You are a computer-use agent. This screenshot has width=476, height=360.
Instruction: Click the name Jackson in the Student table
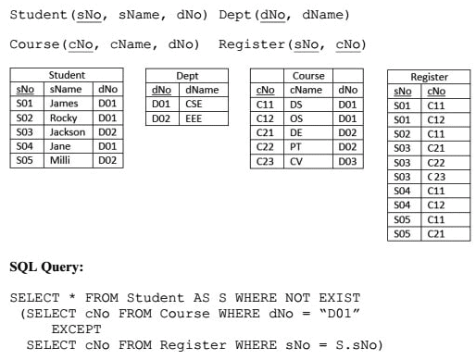tap(66, 132)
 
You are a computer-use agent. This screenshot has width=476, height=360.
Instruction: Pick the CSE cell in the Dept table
tap(194, 105)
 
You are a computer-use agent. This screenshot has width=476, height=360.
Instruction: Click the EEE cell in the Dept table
tap(194, 118)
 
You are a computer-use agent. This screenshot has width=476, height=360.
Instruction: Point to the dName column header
tap(202, 90)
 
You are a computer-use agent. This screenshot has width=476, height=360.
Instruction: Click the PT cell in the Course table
tap(296, 146)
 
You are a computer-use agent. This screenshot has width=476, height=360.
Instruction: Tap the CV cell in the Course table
tap(296, 160)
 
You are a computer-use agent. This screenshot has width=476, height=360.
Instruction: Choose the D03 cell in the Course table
tap(348, 160)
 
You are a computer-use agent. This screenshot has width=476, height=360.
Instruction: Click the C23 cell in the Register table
tap(435, 177)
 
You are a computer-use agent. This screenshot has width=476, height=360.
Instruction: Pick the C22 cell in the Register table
tap(435, 162)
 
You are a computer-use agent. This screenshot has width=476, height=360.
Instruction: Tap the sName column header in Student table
tap(64, 89)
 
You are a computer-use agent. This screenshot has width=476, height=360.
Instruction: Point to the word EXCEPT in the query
tap(76, 329)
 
